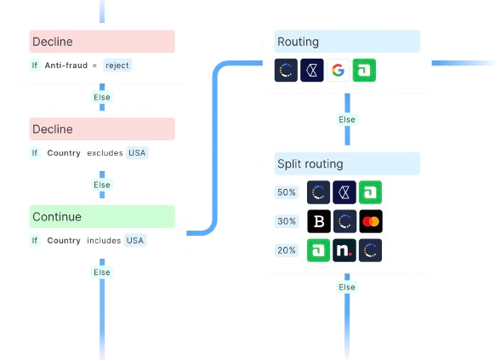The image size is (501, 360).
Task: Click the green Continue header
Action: tap(102, 217)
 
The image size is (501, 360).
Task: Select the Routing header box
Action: tap(347, 42)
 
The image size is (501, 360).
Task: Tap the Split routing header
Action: tap(347, 163)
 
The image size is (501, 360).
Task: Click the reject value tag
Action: tap(117, 66)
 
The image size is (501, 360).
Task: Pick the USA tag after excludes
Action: tap(137, 153)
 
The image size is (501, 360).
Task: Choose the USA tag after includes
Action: tap(135, 241)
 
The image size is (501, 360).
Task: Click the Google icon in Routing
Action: tap(338, 70)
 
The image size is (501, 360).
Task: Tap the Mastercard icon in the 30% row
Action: tap(371, 221)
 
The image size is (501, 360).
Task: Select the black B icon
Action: tap(319, 221)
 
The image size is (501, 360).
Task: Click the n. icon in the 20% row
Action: tap(344, 250)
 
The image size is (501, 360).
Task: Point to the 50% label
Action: tap(287, 192)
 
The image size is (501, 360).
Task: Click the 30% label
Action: tap(287, 221)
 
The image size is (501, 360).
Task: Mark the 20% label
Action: tap(287, 250)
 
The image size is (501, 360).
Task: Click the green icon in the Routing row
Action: tap(364, 70)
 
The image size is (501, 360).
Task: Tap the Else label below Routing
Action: tap(347, 119)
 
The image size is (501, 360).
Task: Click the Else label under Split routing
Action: tap(347, 287)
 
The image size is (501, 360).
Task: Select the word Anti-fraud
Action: tap(66, 66)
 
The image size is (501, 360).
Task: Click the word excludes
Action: tap(105, 153)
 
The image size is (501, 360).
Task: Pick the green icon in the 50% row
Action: tap(370, 192)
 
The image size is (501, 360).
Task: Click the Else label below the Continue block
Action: tap(102, 272)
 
